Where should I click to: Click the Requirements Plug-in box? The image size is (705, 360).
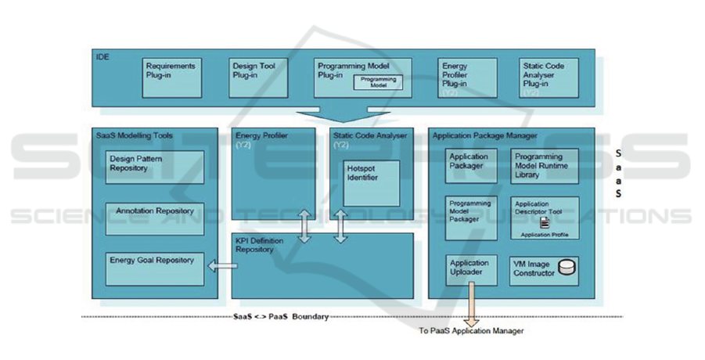pyautogui.click(x=172, y=77)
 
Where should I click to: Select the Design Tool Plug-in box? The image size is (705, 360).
pyautogui.click(x=255, y=77)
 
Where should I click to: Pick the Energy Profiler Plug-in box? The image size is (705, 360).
pyautogui.click(x=466, y=77)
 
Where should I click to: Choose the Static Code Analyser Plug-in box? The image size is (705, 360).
pyautogui.click(x=548, y=77)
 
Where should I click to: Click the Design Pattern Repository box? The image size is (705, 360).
pyautogui.click(x=154, y=166)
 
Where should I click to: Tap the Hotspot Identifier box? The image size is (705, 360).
pyautogui.click(x=372, y=189)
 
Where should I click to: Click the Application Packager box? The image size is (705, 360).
pyautogui.click(x=471, y=165)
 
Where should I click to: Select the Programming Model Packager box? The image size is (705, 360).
pyautogui.click(x=471, y=217)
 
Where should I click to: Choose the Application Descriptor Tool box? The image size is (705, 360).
pyautogui.click(x=545, y=217)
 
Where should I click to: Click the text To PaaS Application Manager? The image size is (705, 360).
pyautogui.click(x=471, y=331)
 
